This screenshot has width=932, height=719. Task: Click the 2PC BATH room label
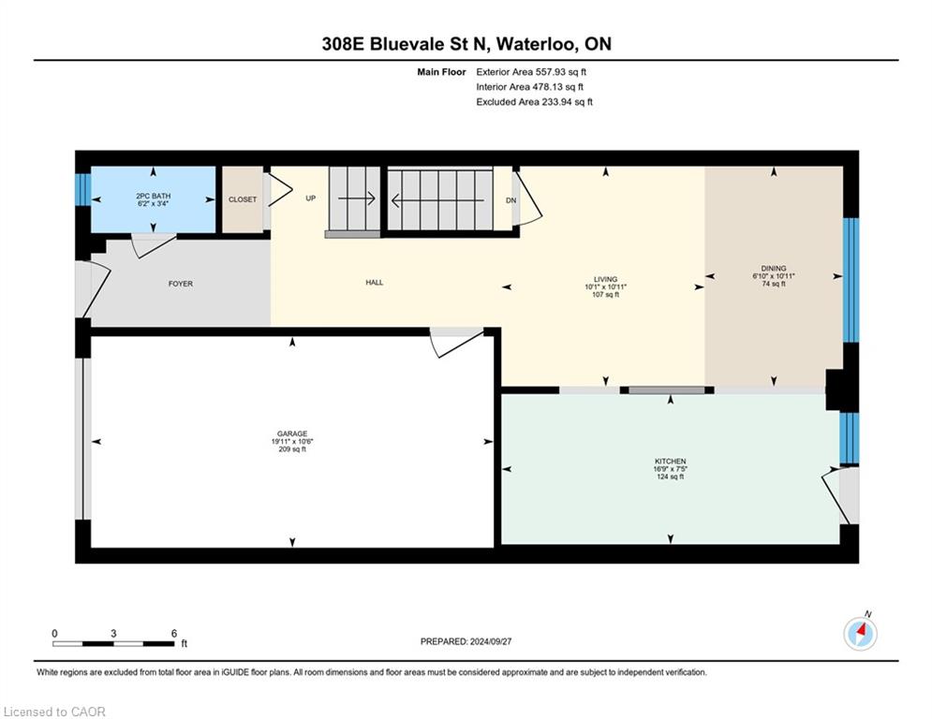click(154, 196)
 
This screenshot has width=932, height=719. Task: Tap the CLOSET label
click(243, 199)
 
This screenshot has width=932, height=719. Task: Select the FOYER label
click(181, 284)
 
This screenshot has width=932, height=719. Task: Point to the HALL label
click(375, 283)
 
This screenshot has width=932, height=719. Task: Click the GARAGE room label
click(292, 433)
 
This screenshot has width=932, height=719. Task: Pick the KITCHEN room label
click(671, 462)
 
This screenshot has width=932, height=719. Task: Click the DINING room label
click(774, 268)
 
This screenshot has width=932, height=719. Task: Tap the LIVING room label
click(606, 279)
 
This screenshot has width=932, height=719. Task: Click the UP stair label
click(310, 198)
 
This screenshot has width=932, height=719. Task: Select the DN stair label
click(511, 201)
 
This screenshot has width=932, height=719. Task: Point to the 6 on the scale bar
click(174, 634)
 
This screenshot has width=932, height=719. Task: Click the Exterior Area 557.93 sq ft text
click(531, 72)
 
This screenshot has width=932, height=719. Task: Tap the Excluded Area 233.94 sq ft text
click(534, 102)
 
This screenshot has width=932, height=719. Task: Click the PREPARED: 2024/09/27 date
click(466, 641)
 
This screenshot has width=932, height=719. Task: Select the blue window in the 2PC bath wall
click(82, 189)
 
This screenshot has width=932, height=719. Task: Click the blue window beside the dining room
click(851, 280)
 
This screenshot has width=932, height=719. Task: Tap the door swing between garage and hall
click(456, 343)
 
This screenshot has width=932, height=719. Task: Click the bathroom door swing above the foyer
click(154, 245)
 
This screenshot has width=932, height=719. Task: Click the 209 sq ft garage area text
click(292, 449)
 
